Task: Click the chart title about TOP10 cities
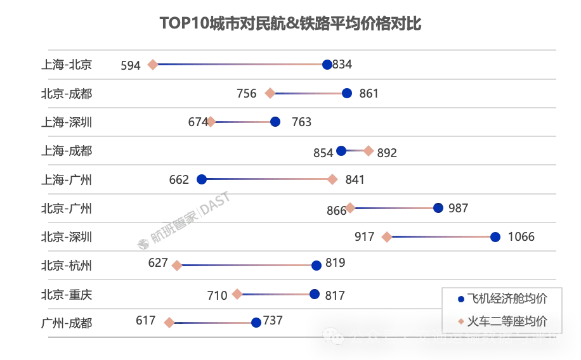coord(290,24)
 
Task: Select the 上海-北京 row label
coord(67,65)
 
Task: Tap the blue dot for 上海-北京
coord(327,65)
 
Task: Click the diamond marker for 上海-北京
coord(153,65)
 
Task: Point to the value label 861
coord(369,94)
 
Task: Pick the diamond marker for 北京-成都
coord(270,94)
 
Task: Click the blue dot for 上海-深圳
coord(275,122)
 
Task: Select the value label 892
coord(387,153)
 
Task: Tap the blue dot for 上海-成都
coord(341,150)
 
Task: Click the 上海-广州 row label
coord(67,180)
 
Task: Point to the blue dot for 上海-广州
coord(202,179)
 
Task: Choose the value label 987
coord(458,209)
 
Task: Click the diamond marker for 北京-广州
coord(350,208)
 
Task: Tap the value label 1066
coord(521,237)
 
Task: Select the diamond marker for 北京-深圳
coord(387,237)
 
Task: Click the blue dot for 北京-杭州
coord(317,266)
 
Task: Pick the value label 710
coord(217,295)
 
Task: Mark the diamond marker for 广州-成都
coord(169,323)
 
